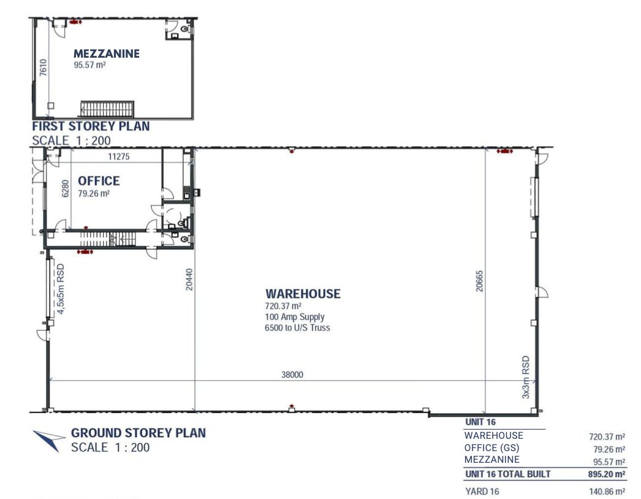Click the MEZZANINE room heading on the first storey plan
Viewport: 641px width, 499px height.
[x=106, y=53]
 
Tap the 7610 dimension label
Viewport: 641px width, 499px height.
[x=44, y=68]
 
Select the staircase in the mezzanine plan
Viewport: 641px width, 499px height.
[x=107, y=109]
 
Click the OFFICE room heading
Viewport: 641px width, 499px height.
[x=99, y=181]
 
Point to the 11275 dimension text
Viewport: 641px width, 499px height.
[x=118, y=157]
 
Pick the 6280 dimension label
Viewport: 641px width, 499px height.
[x=66, y=188]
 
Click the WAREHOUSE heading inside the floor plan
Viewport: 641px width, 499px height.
[x=303, y=293]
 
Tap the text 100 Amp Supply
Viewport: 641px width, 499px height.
[x=295, y=317]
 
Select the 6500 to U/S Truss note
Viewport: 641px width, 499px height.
[x=297, y=328]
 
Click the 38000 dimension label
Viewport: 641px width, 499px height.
[x=292, y=374]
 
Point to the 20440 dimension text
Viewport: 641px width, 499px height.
[x=189, y=280]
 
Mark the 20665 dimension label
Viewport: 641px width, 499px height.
[x=479, y=281]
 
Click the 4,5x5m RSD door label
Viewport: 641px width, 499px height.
[x=61, y=289]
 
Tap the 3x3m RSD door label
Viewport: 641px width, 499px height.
[x=526, y=377]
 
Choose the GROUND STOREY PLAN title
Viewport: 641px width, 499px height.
[x=138, y=433]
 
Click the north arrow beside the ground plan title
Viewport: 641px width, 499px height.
[x=48, y=440]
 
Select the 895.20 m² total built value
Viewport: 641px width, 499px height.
[x=607, y=474]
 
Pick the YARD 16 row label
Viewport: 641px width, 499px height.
[x=482, y=491]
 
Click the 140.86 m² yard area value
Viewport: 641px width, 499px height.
[x=607, y=492]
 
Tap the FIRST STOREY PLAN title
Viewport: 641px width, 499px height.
[x=91, y=126]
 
